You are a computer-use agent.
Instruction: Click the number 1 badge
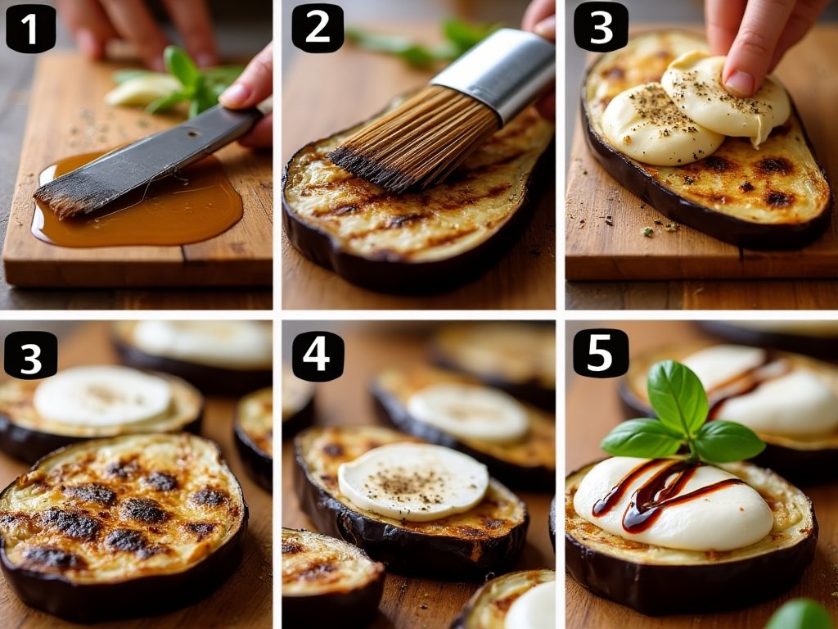tap(30, 29)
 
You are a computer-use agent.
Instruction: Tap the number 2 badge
tap(318, 28)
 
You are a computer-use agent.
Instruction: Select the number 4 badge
tap(318, 355)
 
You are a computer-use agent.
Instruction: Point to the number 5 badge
tap(601, 353)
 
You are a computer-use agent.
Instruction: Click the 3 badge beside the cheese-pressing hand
tap(601, 27)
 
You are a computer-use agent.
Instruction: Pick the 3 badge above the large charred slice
tap(30, 355)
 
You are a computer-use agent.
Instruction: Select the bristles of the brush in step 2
tap(414, 137)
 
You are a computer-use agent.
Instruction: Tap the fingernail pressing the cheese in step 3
tap(739, 83)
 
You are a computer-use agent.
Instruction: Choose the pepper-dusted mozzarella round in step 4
tap(413, 482)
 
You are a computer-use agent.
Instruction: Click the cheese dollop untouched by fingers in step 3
tap(660, 124)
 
